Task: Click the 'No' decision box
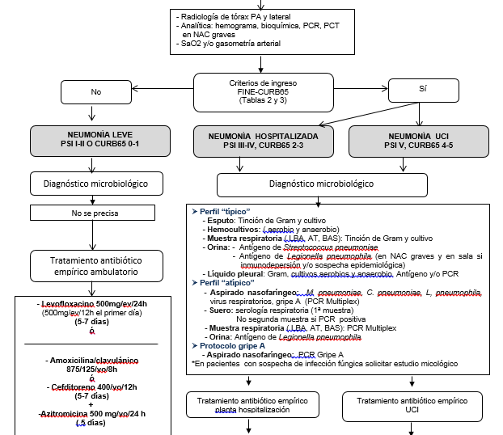(x=96, y=91)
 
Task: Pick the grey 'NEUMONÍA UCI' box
(x=418, y=141)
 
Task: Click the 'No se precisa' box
(x=95, y=215)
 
